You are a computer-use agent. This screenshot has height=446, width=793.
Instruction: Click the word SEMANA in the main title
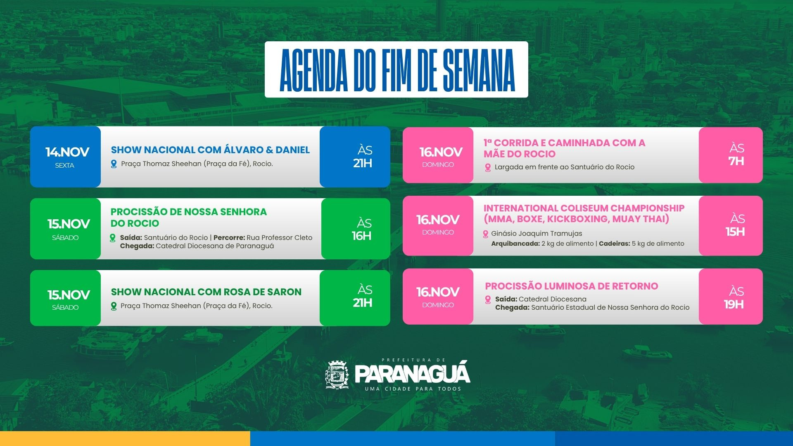click(x=479, y=70)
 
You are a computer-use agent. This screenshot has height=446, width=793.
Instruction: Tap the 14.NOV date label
click(x=67, y=152)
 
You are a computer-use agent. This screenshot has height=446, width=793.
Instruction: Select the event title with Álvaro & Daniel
click(x=210, y=149)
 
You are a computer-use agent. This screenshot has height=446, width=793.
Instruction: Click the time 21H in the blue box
click(x=363, y=163)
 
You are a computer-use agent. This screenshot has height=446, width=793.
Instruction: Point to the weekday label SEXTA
click(x=64, y=166)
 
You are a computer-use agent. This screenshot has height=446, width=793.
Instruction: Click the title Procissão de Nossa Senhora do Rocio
click(x=188, y=217)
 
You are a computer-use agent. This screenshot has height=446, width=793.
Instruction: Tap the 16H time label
click(x=361, y=236)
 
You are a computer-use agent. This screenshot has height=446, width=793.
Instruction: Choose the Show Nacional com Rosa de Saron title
click(x=206, y=292)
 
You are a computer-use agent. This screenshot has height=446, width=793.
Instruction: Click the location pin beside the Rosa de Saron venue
click(x=114, y=306)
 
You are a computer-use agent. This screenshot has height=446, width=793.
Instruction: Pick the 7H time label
click(x=736, y=161)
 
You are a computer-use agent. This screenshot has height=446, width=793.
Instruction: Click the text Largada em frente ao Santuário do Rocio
click(x=565, y=167)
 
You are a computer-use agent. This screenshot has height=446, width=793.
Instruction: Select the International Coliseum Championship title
click(x=584, y=214)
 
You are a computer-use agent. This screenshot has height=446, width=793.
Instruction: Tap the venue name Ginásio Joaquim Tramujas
click(x=537, y=233)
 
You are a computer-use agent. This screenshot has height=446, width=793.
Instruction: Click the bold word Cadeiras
click(x=614, y=244)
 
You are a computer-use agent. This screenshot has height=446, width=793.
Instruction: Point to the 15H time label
click(x=735, y=232)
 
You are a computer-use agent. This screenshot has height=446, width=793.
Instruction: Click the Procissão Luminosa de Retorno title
click(x=572, y=286)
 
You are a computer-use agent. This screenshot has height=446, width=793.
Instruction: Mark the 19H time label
click(x=734, y=304)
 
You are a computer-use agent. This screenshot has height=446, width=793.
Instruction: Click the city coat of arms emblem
click(x=337, y=375)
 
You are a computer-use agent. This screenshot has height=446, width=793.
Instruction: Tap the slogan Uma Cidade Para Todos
click(x=413, y=389)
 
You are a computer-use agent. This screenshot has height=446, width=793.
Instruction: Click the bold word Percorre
click(x=229, y=237)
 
